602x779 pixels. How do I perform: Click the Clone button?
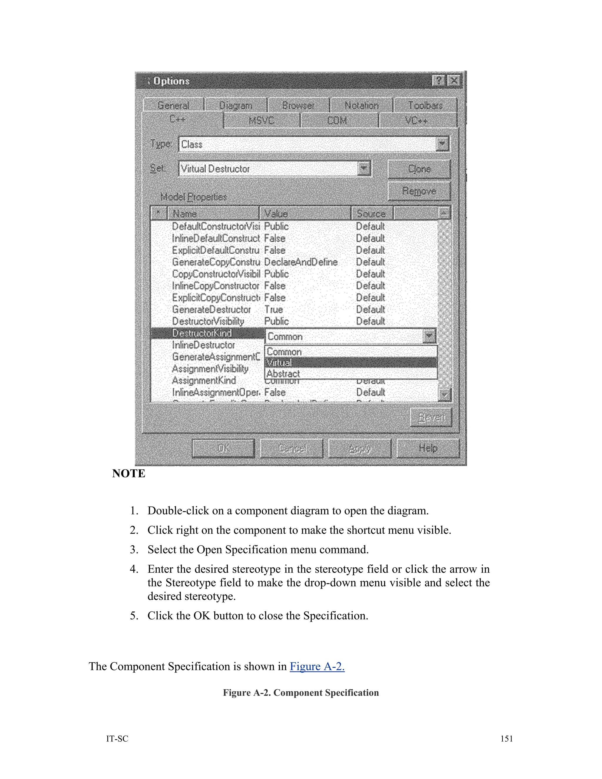419,169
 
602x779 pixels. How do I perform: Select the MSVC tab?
261,121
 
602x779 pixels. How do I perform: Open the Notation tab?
361,106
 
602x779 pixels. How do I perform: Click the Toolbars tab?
425,106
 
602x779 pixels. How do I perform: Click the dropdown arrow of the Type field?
442,144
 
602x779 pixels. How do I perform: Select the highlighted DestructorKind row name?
202,333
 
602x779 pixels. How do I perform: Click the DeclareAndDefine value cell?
301,262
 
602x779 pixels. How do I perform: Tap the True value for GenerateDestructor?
274,310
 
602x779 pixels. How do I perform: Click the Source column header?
372,214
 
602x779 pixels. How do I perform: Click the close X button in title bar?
454,81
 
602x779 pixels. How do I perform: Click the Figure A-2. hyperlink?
317,666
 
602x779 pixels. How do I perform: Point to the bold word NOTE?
129,473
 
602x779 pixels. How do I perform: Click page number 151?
506,739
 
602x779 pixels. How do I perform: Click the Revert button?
431,417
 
